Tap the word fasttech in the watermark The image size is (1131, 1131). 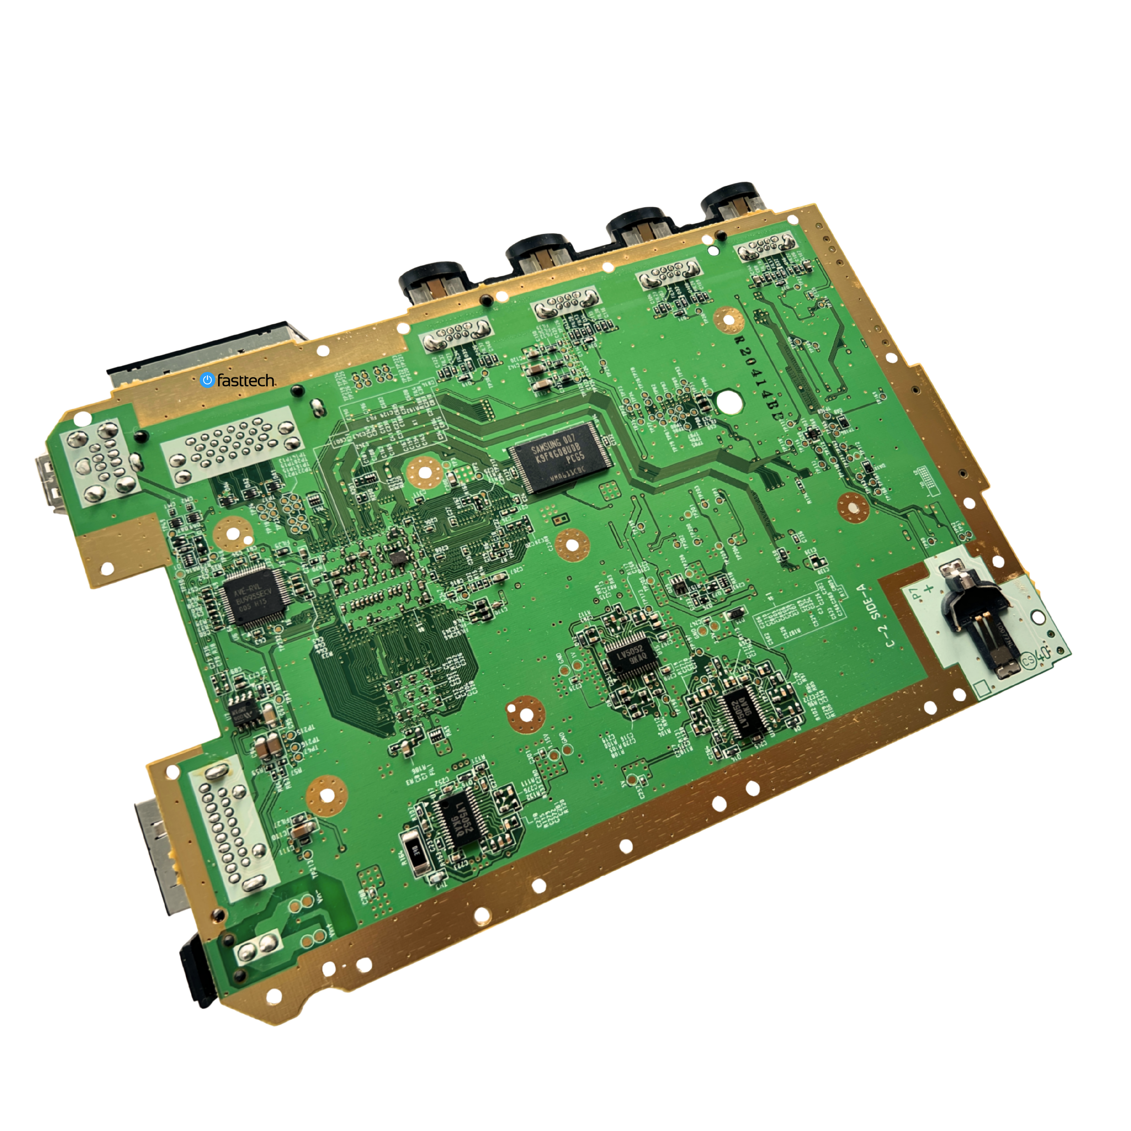coord(246,381)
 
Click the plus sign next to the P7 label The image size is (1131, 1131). coord(928,588)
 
